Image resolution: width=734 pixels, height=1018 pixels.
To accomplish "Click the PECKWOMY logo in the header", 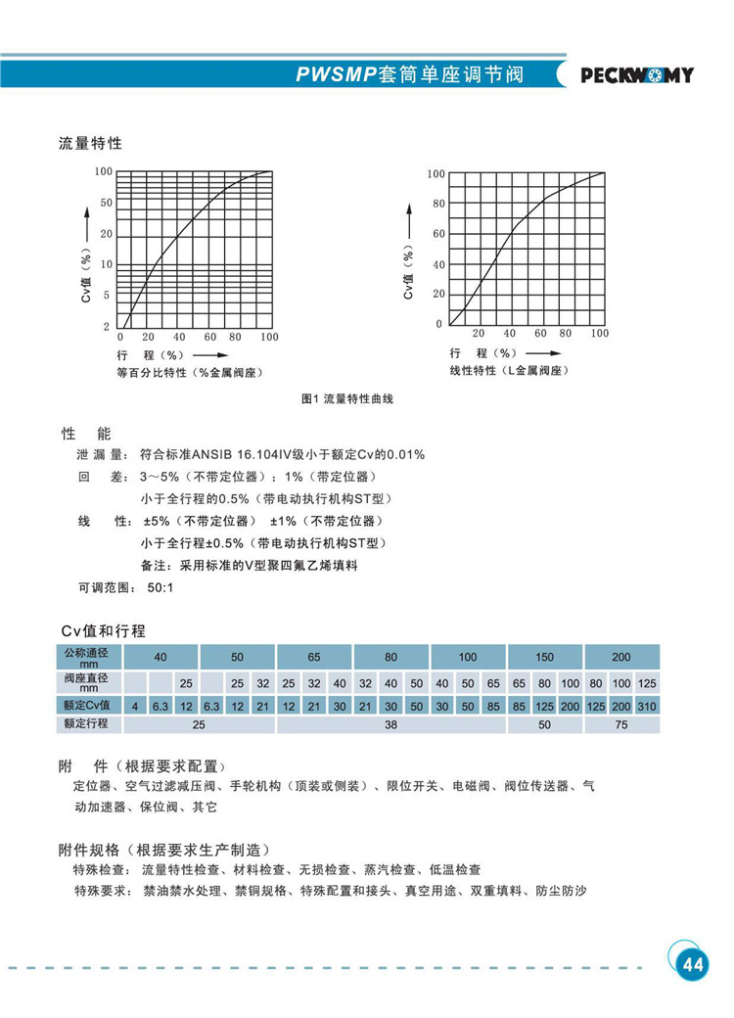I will [637, 75].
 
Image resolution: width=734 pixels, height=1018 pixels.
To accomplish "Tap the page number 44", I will [692, 964].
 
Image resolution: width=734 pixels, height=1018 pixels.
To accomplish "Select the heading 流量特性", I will [91, 143].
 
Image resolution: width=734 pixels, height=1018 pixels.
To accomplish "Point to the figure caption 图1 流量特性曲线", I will [347, 399].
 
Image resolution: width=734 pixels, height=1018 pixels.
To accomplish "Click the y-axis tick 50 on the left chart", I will [107, 203].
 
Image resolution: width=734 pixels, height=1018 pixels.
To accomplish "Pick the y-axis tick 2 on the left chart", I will [108, 326].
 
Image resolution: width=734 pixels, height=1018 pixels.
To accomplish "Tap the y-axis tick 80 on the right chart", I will [438, 204].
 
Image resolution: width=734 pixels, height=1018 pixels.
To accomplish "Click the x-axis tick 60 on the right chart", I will [540, 334].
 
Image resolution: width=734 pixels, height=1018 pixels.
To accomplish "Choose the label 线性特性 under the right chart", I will [473, 371].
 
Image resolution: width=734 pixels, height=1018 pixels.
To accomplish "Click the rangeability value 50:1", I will [160, 588].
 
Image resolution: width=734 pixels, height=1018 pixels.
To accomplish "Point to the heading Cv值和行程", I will [104, 630].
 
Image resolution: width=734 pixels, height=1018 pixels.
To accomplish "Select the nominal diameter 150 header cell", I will [545, 657].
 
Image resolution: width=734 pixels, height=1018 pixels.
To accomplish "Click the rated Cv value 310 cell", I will [647, 706].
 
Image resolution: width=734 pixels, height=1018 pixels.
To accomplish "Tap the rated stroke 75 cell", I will [621, 725].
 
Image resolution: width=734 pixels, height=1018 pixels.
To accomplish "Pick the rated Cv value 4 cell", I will [137, 706].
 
